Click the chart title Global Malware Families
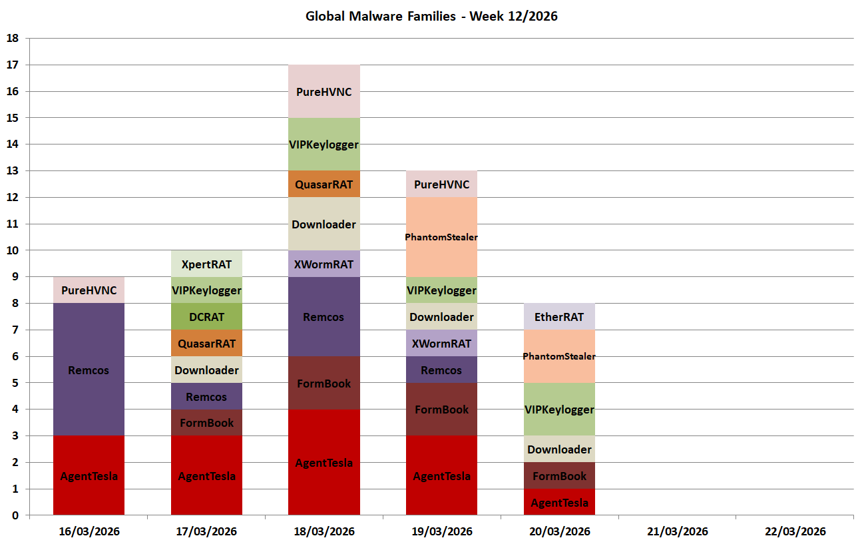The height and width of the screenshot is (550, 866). (431, 16)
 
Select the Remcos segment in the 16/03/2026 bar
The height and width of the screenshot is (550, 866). (89, 370)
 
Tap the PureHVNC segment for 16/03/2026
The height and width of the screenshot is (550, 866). (89, 290)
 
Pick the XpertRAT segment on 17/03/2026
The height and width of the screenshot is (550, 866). (206, 264)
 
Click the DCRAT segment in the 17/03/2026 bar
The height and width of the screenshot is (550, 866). (206, 317)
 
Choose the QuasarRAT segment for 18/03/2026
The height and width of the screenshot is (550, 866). (324, 184)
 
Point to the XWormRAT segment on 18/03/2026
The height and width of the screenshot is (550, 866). (324, 264)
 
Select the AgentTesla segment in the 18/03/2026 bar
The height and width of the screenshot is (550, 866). (324, 462)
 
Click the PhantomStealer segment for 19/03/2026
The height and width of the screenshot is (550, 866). (441, 237)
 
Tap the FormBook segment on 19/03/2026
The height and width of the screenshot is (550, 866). (441, 410)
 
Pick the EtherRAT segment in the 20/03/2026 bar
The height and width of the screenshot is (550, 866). (559, 317)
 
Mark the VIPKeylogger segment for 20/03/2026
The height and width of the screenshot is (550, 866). (559, 410)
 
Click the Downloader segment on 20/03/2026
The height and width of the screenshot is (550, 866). (559, 449)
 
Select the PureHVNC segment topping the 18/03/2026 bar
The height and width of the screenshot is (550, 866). (324, 91)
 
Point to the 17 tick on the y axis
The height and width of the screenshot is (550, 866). (12, 65)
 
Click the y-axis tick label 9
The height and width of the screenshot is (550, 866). (15, 277)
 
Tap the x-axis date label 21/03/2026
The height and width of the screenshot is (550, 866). (677, 531)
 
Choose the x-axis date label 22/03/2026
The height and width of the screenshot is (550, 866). (795, 531)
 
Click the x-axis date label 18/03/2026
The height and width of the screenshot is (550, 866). (324, 531)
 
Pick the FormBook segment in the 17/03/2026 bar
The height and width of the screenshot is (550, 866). (206, 423)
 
